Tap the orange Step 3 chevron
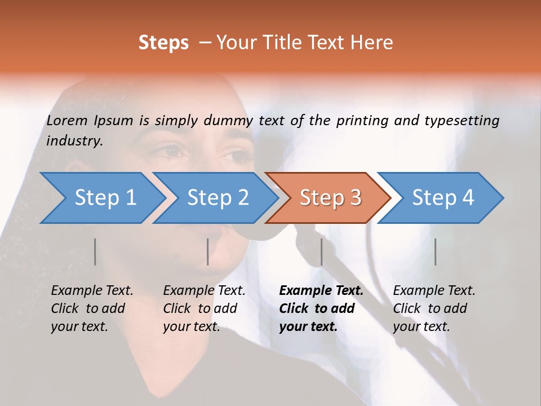click(330, 198)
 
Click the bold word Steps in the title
click(163, 42)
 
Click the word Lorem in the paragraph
click(67, 120)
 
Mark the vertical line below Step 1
click(95, 251)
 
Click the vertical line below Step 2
click(208, 251)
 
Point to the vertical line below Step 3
click(321, 251)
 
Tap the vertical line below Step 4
click(435, 251)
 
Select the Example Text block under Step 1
click(92, 308)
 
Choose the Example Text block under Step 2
click(204, 308)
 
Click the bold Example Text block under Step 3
click(321, 308)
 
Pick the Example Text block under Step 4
click(434, 308)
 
